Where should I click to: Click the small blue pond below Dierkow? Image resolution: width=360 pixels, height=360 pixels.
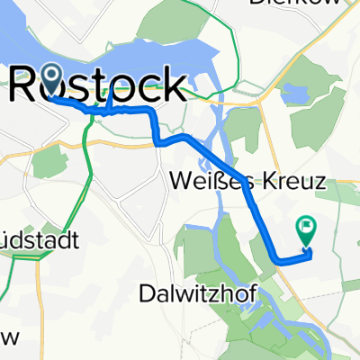click(x=294, y=93)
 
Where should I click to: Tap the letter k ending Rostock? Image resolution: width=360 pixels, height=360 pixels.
click(x=174, y=86)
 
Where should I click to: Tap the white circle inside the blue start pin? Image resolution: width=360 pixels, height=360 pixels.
click(x=50, y=76)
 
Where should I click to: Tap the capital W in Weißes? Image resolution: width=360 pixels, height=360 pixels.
click(x=179, y=182)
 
